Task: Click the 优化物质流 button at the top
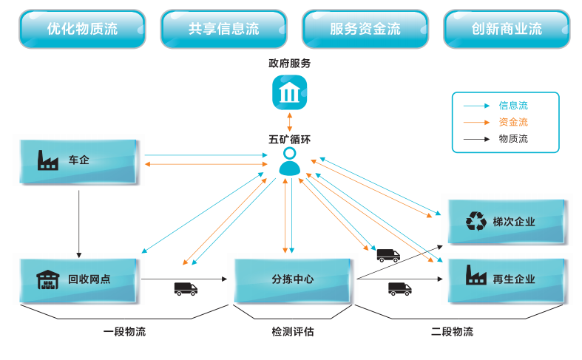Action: (x=82, y=29)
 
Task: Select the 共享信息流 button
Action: (x=223, y=29)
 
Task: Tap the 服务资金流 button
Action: (x=365, y=29)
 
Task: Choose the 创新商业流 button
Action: (x=507, y=29)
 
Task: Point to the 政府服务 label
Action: (x=290, y=64)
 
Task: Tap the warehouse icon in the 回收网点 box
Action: (x=47, y=279)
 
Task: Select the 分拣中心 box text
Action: (x=292, y=279)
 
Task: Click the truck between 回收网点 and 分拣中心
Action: (x=186, y=288)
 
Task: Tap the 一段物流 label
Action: (x=124, y=332)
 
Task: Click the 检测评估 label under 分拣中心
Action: (x=292, y=332)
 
